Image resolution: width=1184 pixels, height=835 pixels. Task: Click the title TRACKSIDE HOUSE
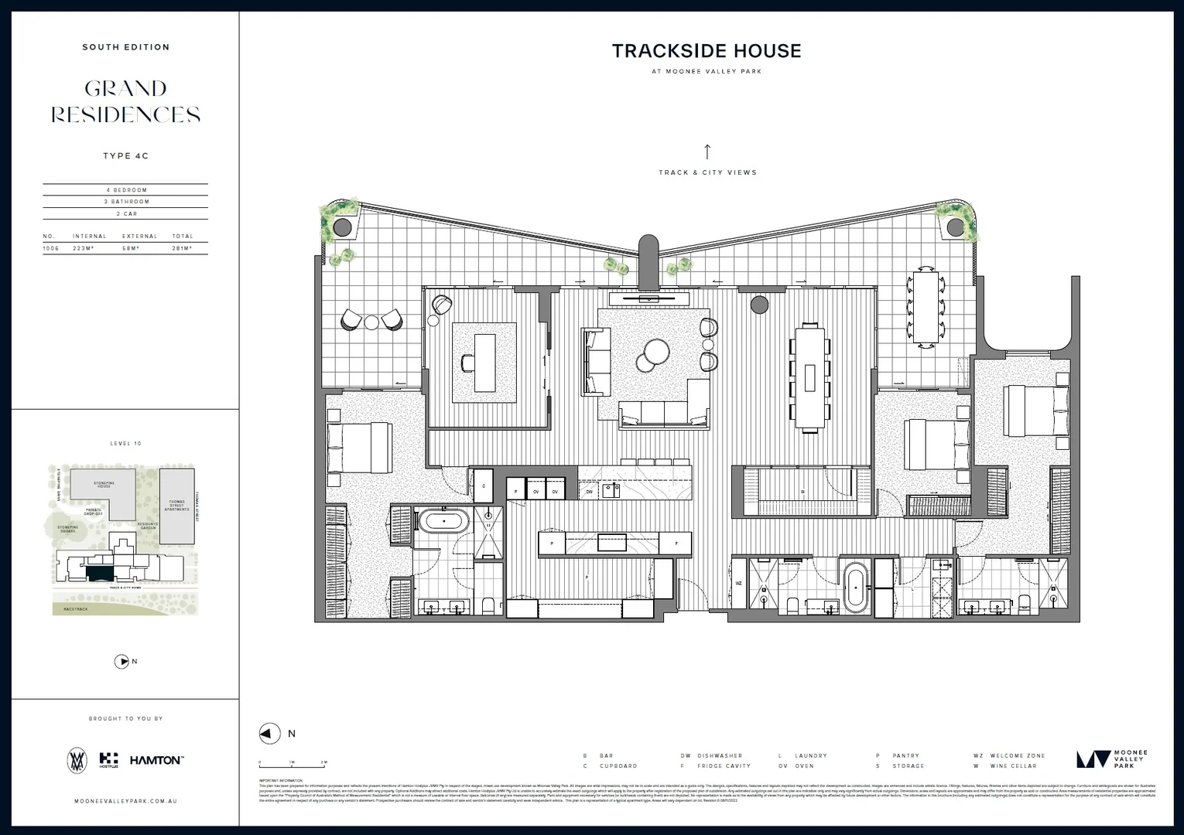pyautogui.click(x=707, y=51)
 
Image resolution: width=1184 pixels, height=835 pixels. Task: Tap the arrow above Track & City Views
pyautogui.click(x=707, y=151)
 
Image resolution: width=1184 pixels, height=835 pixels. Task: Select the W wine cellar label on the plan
pyautogui.click(x=802, y=492)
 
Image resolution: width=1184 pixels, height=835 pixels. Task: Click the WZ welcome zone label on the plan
pyautogui.click(x=738, y=583)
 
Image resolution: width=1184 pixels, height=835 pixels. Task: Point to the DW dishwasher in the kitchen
pyautogui.click(x=589, y=491)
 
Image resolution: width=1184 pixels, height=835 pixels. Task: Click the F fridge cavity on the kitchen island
pyautogui.click(x=676, y=544)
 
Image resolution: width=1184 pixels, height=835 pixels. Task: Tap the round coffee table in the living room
pyautogui.click(x=654, y=353)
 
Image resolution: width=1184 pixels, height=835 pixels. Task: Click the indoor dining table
pyautogui.click(x=810, y=377)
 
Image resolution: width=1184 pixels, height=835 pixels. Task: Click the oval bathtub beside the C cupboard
pyautogui.click(x=443, y=521)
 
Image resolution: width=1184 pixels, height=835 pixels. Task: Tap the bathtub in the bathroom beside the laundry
pyautogui.click(x=855, y=587)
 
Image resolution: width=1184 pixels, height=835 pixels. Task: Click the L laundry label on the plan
pyautogui.click(x=912, y=589)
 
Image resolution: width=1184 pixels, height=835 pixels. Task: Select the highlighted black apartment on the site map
pyautogui.click(x=98, y=573)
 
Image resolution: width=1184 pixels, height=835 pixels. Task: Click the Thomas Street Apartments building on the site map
pyautogui.click(x=177, y=505)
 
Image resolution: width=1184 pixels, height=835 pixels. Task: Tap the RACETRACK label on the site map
pyautogui.click(x=76, y=609)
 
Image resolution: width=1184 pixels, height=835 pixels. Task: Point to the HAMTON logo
pyautogui.click(x=156, y=761)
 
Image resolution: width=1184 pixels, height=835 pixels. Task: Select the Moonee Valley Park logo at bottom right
pyautogui.click(x=1111, y=759)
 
